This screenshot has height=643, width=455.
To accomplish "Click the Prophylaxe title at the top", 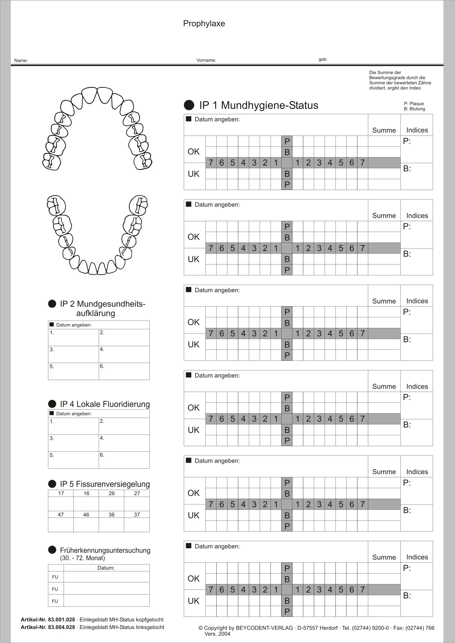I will tap(204, 24).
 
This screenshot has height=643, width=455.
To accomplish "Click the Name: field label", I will tap(21, 61).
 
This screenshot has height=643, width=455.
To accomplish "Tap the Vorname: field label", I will tap(206, 60).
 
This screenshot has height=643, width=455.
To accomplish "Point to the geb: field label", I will tap(323, 59).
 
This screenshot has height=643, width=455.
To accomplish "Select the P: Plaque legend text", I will tap(414, 104).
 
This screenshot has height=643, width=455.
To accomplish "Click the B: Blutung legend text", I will tap(414, 109).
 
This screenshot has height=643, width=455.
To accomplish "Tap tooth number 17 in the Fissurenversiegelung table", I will tap(61, 493).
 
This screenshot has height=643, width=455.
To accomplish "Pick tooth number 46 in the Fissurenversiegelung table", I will tap(86, 515).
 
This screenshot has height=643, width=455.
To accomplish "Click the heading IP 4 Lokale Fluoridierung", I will tap(105, 404).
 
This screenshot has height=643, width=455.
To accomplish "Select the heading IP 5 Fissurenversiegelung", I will tap(105, 484).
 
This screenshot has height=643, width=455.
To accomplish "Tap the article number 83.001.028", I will tap(61, 620).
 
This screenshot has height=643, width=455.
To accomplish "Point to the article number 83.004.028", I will tap(61, 627).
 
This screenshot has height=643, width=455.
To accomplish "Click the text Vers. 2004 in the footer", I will tap(217, 634).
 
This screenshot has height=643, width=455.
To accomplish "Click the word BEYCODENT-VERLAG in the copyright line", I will tap(264, 628).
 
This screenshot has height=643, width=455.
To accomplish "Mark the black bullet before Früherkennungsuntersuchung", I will tap(52, 550).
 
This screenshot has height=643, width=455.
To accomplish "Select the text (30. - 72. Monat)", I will tap(82, 558).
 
